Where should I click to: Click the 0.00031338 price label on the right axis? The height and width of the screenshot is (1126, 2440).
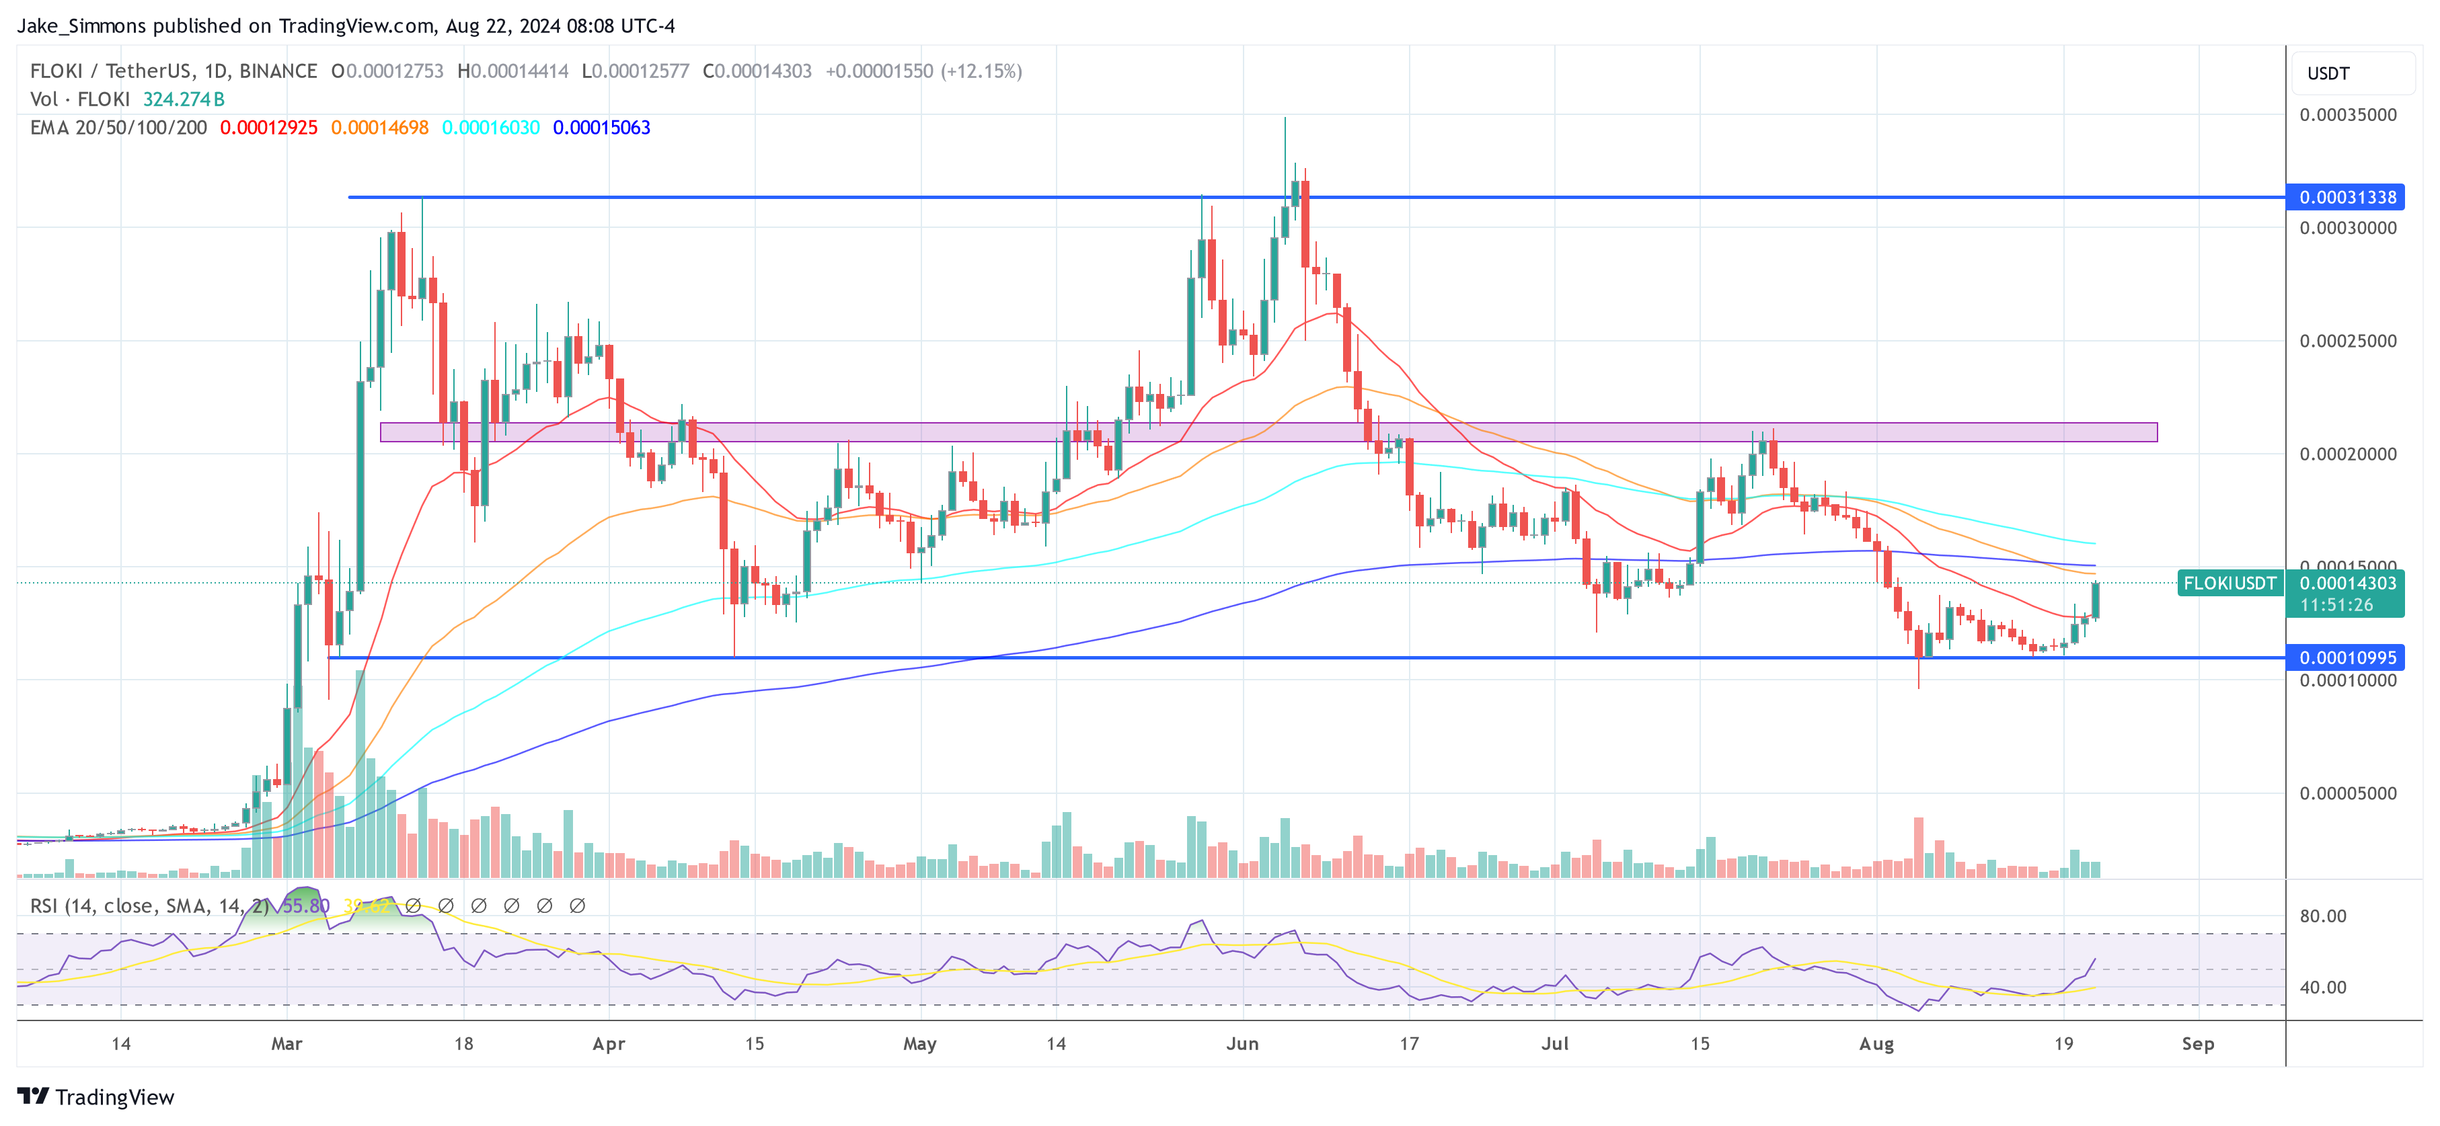[x=2347, y=197]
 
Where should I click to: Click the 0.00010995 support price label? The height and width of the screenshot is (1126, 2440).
[x=2347, y=657]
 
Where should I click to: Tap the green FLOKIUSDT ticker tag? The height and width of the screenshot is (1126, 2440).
[x=2229, y=584]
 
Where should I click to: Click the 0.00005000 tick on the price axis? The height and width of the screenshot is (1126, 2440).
[x=2347, y=794]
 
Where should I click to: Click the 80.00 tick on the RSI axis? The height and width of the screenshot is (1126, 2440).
[x=2322, y=916]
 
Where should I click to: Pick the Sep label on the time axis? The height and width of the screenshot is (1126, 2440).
[x=2197, y=1043]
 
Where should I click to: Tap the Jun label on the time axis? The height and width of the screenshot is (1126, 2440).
[x=1242, y=1043]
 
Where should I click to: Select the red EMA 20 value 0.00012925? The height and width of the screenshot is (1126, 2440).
[x=268, y=128]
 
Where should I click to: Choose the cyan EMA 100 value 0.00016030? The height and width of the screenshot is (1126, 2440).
[x=491, y=128]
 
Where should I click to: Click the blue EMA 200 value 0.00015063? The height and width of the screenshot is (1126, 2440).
[x=601, y=128]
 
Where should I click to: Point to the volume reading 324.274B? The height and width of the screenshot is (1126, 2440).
[x=184, y=99]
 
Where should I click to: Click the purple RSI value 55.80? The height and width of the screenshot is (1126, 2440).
[x=306, y=906]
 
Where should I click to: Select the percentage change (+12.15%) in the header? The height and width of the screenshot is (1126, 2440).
[x=981, y=71]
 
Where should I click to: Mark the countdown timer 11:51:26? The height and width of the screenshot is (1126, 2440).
[x=2336, y=605]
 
